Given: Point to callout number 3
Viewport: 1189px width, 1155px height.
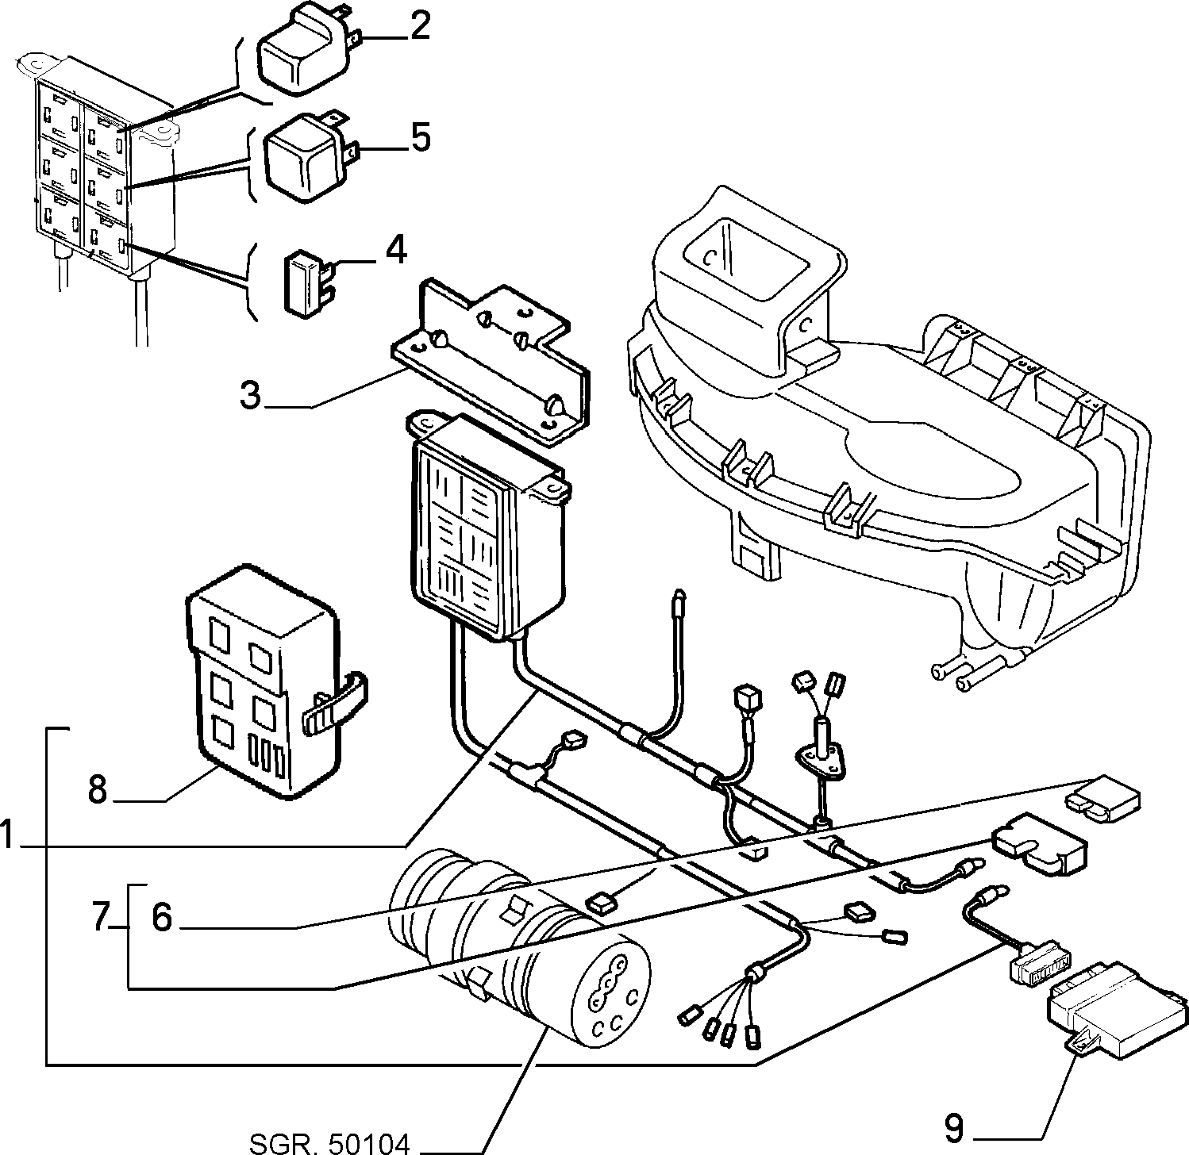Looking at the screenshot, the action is (252, 394).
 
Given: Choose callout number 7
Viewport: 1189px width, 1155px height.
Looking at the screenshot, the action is (101, 918).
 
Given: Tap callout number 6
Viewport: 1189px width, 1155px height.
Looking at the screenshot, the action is (161, 918).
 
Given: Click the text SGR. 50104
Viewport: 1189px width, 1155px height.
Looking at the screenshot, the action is (330, 1142).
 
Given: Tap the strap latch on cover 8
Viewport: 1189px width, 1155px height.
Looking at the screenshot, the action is (337, 700).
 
